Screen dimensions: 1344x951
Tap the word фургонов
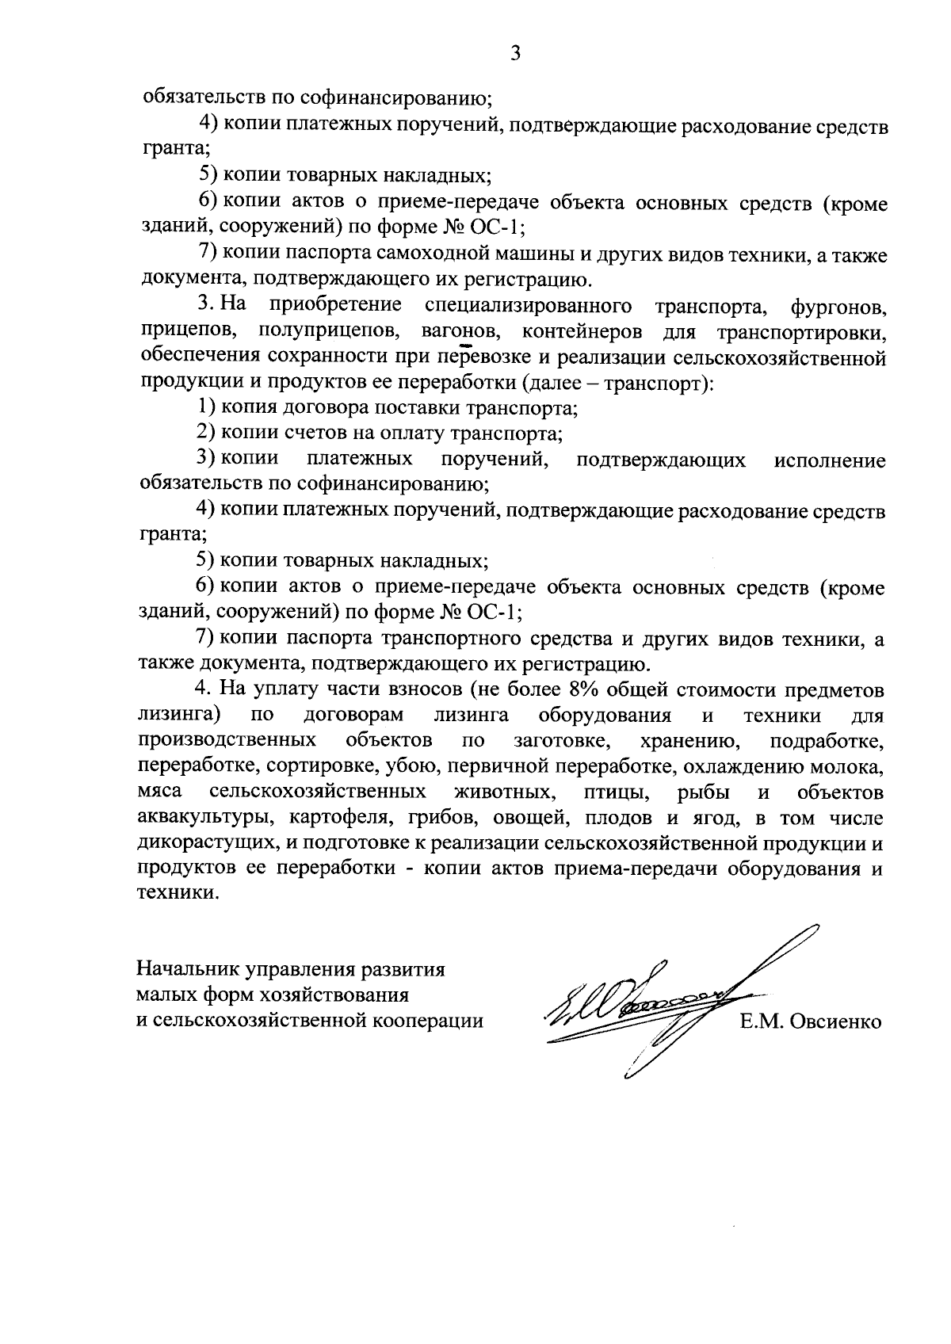pos(838,306)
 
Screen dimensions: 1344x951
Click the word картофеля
pos(335,818)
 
